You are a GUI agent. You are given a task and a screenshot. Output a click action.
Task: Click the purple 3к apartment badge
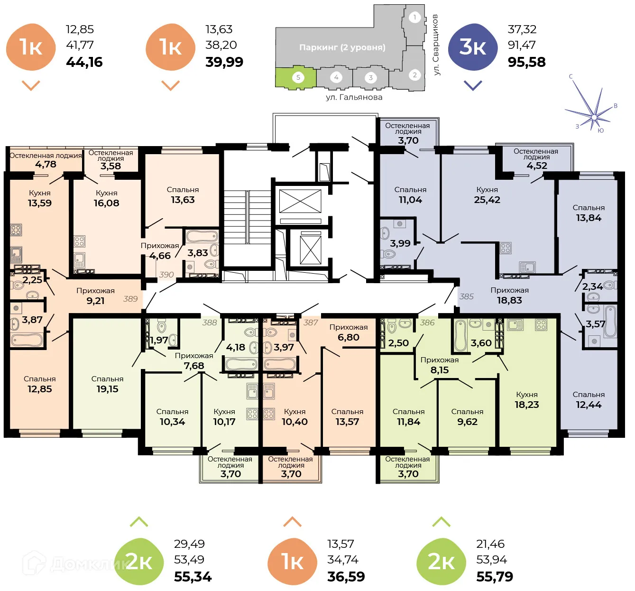pos(472,47)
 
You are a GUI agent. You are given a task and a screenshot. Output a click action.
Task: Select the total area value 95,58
pos(526,62)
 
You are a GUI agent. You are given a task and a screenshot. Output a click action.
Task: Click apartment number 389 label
pos(130,299)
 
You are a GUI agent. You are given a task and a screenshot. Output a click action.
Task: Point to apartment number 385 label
pos(466,296)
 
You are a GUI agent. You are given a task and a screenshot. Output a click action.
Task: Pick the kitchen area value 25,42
pos(487,200)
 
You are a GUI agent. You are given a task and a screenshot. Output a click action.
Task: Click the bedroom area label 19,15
pos(107,389)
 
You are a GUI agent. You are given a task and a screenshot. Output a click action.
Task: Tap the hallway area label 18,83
pos(509,300)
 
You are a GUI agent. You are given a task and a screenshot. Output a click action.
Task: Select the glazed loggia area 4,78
pos(46,165)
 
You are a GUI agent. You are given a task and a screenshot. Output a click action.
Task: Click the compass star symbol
pos(593,115)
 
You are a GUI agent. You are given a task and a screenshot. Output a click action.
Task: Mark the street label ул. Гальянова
pos(354,97)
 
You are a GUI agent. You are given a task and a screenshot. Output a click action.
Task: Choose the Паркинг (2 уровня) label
pos(342,47)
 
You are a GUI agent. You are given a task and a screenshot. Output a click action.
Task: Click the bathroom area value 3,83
pos(197,253)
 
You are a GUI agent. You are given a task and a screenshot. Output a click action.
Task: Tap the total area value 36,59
pos(346,577)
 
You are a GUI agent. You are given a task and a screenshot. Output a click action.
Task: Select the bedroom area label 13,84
pos(589,218)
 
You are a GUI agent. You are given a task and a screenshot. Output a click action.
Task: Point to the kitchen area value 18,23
pos(527,405)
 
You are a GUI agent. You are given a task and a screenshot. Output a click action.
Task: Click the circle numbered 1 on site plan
pos(414,18)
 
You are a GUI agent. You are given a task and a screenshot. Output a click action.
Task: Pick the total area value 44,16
pos(84,62)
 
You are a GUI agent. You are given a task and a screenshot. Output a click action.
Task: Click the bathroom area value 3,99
pos(400,243)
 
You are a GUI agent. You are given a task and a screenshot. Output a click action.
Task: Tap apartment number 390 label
pos(166,275)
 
